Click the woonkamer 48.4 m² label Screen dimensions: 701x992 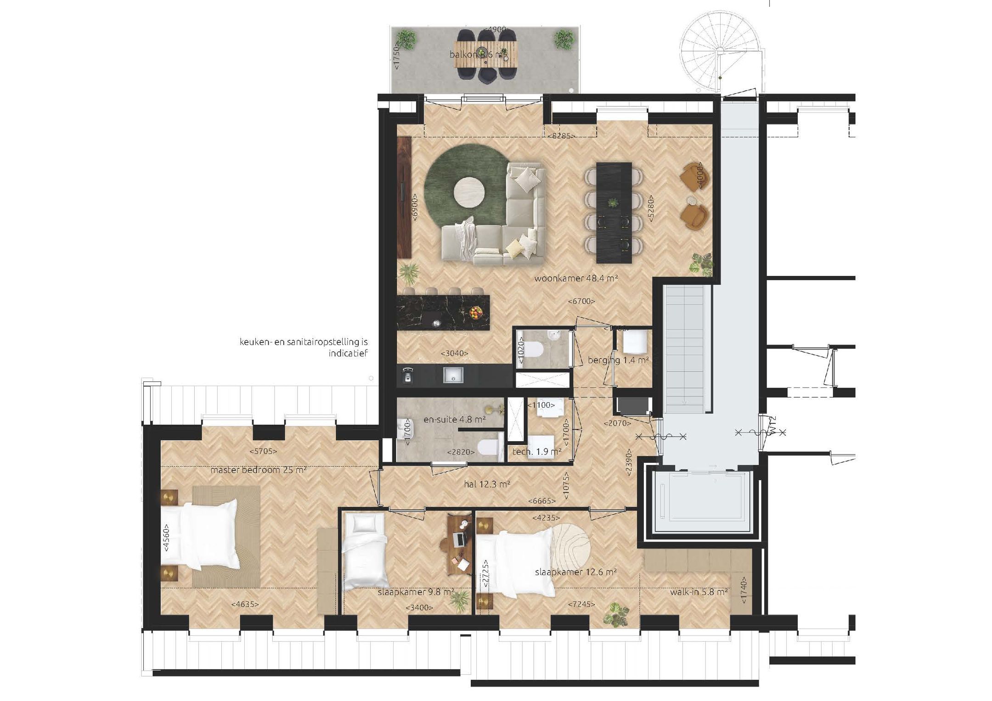pyautogui.click(x=575, y=278)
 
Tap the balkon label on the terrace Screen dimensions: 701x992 pyautogui.click(x=478, y=55)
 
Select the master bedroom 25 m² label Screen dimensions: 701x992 pyautogui.click(x=258, y=470)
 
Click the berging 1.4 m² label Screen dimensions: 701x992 pyautogui.click(x=618, y=360)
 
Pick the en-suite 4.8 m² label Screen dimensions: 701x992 pyautogui.click(x=454, y=419)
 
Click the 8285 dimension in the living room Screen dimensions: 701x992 pyautogui.click(x=561, y=136)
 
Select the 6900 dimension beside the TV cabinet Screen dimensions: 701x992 pyautogui.click(x=415, y=207)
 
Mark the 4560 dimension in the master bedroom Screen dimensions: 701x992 pyautogui.click(x=166, y=538)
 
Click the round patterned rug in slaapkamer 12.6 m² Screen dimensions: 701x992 pyautogui.click(x=570, y=548)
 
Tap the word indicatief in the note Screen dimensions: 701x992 pyautogui.click(x=348, y=353)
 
